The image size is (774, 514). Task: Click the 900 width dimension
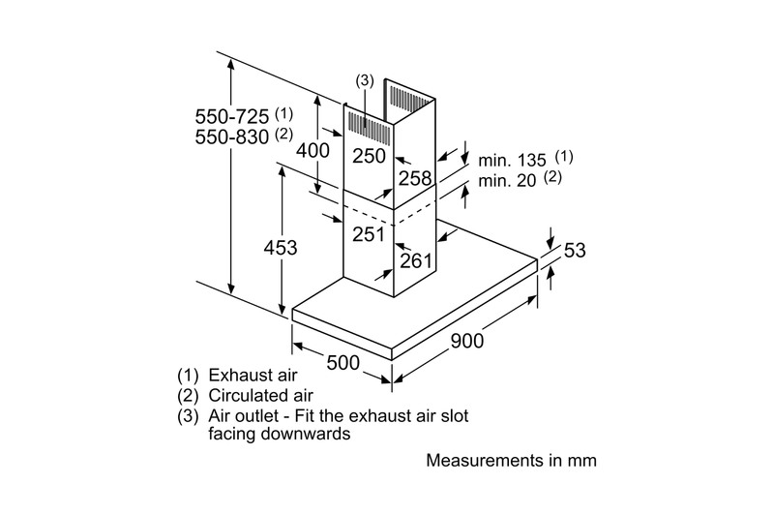[467, 341]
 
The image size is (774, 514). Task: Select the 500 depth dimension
[343, 363]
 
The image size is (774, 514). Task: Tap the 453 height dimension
[281, 248]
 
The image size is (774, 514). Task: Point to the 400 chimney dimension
[313, 150]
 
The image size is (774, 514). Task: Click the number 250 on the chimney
[369, 156]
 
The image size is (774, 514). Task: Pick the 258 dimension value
[415, 178]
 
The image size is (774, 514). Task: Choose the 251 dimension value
[369, 234]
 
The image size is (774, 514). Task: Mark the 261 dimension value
[416, 260]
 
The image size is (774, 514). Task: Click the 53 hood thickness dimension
[575, 251]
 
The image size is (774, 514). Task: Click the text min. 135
[512, 160]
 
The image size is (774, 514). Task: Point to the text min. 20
[507, 181]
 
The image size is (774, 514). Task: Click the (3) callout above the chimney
[365, 80]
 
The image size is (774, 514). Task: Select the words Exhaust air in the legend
[253, 376]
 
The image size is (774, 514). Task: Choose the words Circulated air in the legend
[260, 396]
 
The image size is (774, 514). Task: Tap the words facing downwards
[280, 434]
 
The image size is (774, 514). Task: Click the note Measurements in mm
[512, 460]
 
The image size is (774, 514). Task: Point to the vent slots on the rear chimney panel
[410, 97]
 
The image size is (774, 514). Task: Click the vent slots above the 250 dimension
[370, 128]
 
